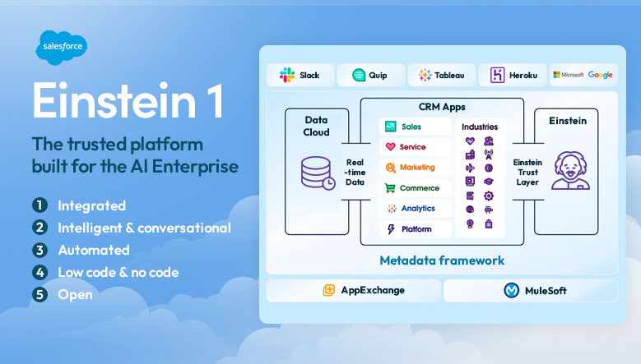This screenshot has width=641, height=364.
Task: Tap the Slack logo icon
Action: coord(287,75)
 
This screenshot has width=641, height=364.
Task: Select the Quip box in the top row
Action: coord(371,75)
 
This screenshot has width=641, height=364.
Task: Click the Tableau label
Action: coord(448,75)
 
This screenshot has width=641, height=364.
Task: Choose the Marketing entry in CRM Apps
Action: coord(416,167)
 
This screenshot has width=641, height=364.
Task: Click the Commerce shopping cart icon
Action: coord(391,188)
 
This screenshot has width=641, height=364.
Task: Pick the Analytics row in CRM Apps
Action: coord(416,209)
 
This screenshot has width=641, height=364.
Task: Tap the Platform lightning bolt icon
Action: coord(391,229)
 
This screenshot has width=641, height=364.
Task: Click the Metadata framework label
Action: coord(442,260)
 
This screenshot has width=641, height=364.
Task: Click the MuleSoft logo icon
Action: coord(510,290)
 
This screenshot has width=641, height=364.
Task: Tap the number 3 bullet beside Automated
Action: coord(39,250)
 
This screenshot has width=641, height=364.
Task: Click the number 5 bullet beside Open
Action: coord(39,294)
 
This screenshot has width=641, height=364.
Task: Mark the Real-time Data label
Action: coord(355,171)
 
